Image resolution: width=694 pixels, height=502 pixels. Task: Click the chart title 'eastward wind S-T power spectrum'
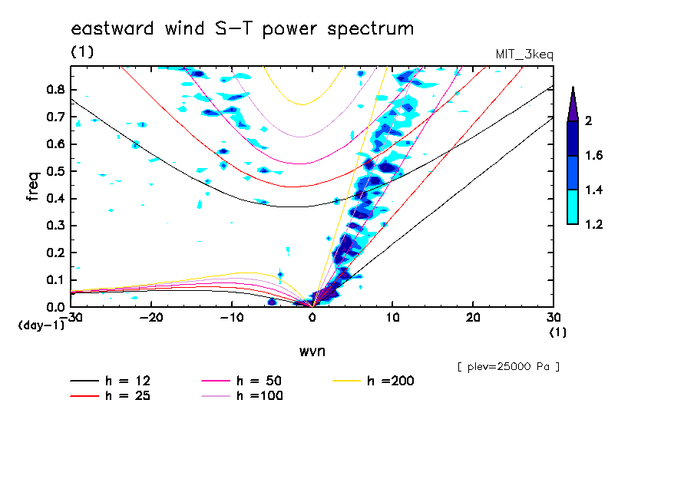(243, 29)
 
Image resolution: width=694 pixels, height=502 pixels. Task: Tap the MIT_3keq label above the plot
(525, 55)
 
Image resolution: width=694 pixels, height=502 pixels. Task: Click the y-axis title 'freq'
(32, 186)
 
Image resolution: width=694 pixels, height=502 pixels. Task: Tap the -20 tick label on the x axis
(151, 318)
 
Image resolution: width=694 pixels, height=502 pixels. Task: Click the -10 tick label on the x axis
(231, 318)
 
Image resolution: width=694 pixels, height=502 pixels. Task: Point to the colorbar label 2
(589, 121)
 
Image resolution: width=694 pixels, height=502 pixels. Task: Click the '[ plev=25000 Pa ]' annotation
(508, 367)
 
